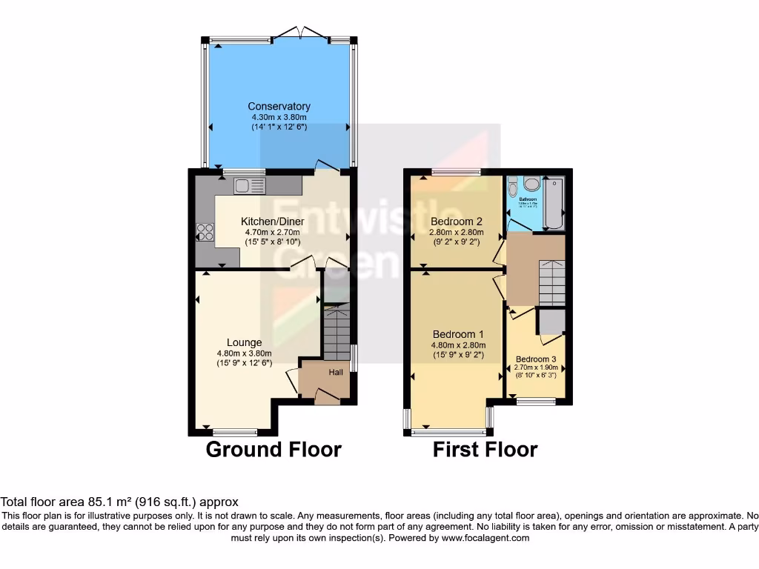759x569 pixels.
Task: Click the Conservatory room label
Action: [279, 106]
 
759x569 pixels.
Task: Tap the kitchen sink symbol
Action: [244, 185]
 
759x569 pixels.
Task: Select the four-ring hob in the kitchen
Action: [204, 232]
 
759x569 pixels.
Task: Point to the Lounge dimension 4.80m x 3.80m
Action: [244, 353]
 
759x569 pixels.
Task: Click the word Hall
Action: [336, 372]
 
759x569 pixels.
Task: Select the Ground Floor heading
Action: [273, 449]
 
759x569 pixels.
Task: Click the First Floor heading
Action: [485, 449]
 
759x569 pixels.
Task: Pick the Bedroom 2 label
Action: [457, 221]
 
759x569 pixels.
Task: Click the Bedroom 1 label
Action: [458, 334]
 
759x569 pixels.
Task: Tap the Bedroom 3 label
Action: [536, 359]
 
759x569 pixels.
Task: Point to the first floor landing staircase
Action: [551, 283]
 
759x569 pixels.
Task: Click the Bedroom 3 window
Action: [536, 402]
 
